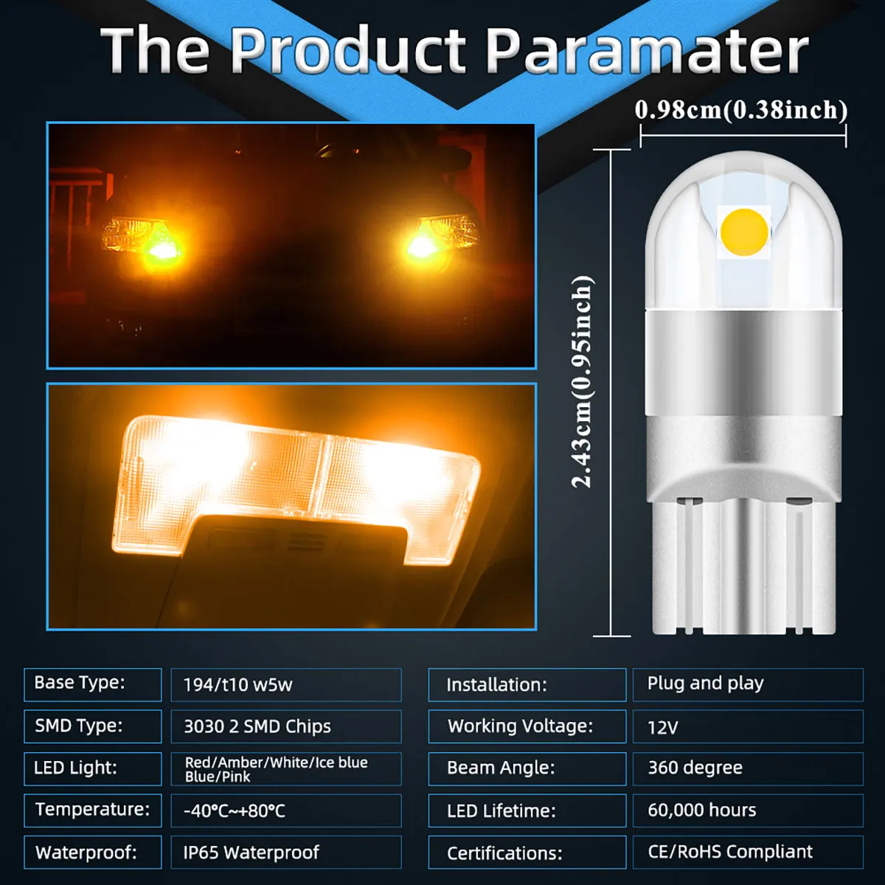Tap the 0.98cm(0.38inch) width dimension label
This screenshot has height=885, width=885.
click(741, 110)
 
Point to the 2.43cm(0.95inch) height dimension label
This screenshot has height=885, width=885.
click(583, 381)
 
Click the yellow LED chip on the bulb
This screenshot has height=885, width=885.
click(744, 232)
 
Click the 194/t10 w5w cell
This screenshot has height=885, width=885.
click(285, 685)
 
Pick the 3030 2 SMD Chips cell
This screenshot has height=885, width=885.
click(285, 726)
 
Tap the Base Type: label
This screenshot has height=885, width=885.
click(92, 684)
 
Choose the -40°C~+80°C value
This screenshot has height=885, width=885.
click(285, 811)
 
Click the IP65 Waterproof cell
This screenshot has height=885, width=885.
click(285, 853)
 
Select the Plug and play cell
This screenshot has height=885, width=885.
click(747, 684)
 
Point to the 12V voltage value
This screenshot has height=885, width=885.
click(747, 727)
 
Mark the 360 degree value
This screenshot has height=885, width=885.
click(747, 768)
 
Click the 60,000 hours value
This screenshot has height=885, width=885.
click(747, 811)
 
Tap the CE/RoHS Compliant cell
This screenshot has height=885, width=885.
click(747, 852)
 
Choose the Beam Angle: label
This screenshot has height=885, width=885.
click(527, 768)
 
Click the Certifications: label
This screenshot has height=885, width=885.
click(527, 853)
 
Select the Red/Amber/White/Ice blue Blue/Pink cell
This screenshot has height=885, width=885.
click(285, 769)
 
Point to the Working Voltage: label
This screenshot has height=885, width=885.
click(527, 726)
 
